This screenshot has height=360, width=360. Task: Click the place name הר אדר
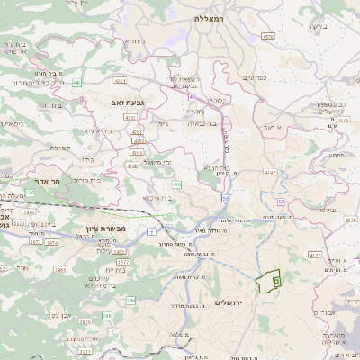[45, 193]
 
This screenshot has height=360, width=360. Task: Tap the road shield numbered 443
[77, 83]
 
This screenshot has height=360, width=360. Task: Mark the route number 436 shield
[177, 184]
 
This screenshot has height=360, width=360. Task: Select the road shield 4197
[270, 171]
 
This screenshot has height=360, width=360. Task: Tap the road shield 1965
[60, 268]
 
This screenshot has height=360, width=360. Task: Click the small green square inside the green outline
[275, 282]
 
